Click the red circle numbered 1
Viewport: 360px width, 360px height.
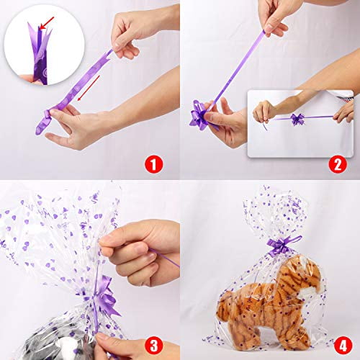(153, 164)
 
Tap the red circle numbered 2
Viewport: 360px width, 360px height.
(338, 164)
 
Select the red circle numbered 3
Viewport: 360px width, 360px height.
(153, 346)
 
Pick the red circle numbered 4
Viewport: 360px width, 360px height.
(343, 346)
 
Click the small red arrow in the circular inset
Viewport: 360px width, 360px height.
(47, 23)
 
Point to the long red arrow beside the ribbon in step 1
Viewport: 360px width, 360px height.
(89, 88)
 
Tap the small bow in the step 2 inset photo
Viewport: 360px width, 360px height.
(297, 120)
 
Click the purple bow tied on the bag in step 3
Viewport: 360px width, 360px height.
(102, 297)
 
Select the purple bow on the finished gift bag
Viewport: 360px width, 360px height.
(281, 246)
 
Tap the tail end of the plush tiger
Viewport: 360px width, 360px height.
(225, 307)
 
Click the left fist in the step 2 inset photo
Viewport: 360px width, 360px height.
(264, 112)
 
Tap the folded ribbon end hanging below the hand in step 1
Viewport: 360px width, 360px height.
(42, 122)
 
